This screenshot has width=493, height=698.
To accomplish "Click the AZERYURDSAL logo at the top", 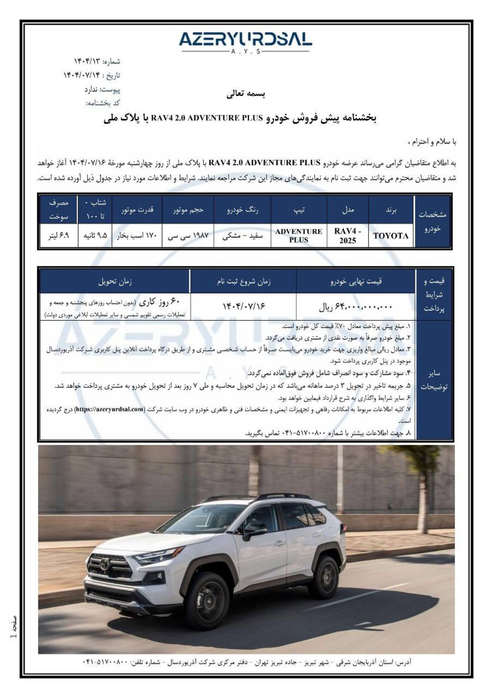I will tap(245, 40).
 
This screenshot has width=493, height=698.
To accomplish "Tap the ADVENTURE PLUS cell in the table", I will tap(299, 236).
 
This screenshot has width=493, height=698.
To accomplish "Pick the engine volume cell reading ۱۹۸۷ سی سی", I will tap(188, 236).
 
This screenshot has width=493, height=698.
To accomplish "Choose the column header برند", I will tap(391, 210).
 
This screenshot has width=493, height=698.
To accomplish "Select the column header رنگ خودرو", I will tap(242, 210).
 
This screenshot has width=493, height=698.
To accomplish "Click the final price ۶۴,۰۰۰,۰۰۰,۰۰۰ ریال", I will tap(355, 307).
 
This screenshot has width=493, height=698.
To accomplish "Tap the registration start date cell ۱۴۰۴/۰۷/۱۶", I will tap(244, 306).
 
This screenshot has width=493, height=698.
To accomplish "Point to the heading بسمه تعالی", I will tap(246, 94).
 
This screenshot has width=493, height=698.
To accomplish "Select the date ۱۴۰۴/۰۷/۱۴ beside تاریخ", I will tap(82, 75).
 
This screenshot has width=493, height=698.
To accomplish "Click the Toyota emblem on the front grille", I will tap(105, 565).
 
